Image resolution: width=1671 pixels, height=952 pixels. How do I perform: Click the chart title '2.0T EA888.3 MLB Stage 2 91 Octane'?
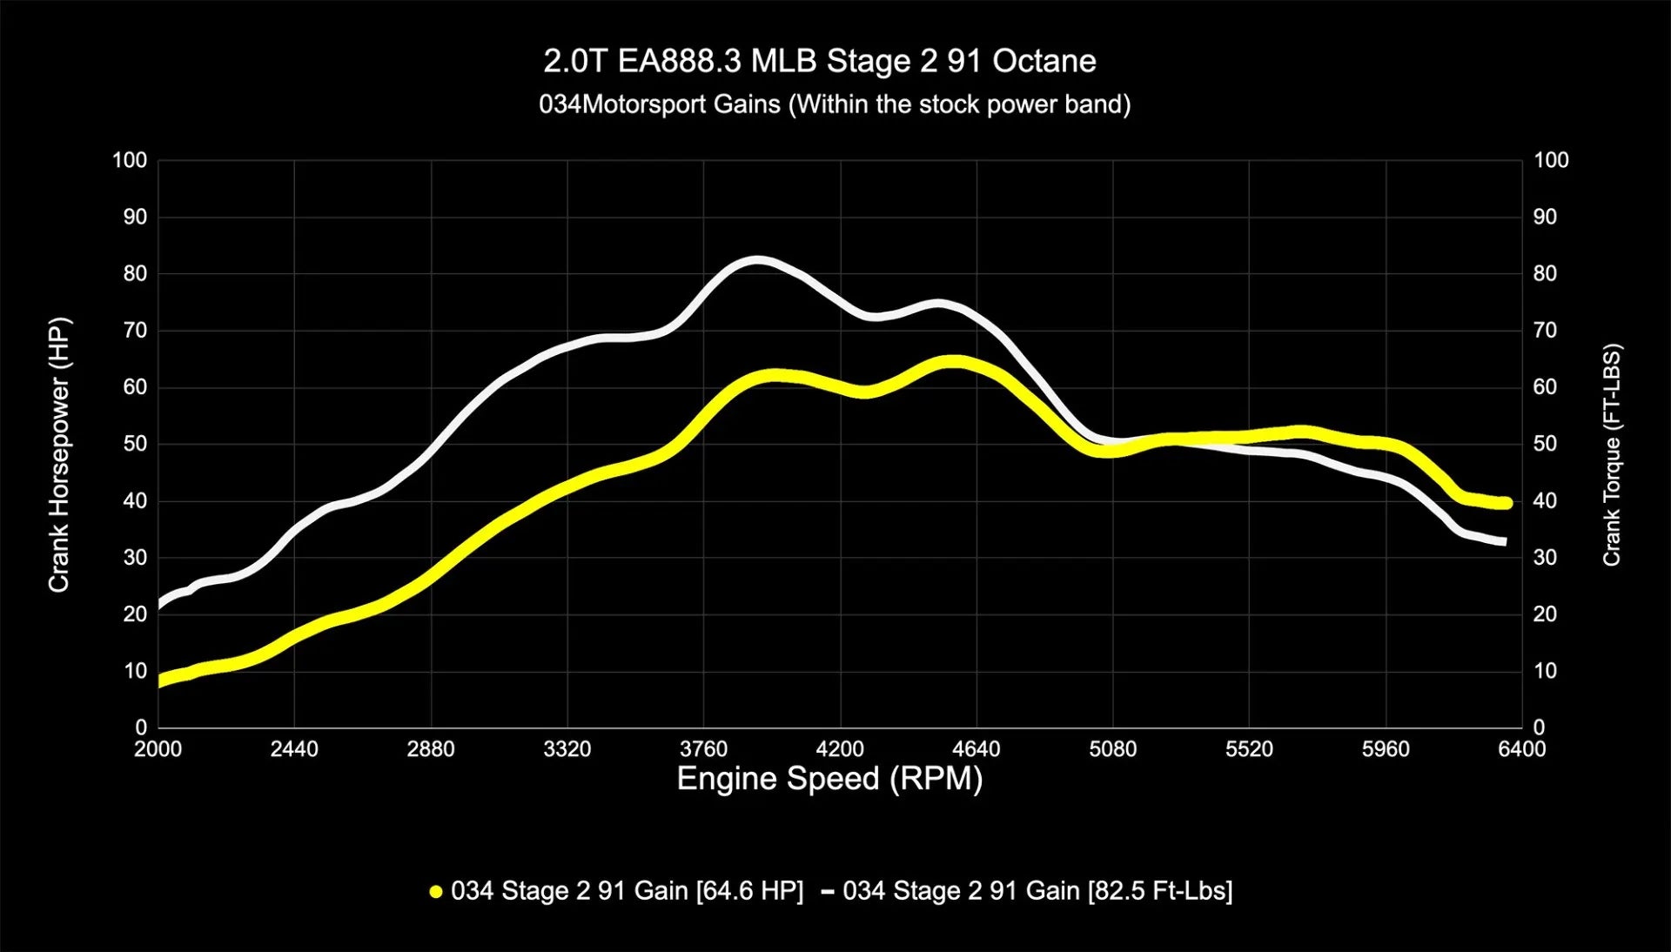(819, 61)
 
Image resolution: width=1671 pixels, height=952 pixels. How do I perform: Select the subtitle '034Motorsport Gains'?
(660, 104)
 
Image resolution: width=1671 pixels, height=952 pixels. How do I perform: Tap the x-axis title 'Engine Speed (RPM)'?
(829, 778)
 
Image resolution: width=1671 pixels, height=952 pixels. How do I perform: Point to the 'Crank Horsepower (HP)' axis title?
(58, 454)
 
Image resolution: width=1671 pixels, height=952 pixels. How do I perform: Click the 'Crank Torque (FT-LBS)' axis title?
(1612, 454)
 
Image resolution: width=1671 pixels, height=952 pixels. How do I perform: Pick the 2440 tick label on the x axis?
(294, 749)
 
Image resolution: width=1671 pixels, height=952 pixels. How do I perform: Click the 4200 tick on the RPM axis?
(840, 749)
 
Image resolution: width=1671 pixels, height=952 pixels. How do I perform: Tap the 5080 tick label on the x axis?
(1113, 749)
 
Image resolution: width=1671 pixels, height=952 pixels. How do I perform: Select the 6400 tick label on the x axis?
(1521, 749)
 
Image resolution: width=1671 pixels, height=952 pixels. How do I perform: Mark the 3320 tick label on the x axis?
(567, 749)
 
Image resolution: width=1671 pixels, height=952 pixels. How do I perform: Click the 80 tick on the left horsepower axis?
(135, 273)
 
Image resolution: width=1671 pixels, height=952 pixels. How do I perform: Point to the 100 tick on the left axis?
(130, 160)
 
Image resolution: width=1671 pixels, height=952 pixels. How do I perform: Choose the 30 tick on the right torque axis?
(1545, 557)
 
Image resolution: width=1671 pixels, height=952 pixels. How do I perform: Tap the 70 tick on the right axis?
(1545, 331)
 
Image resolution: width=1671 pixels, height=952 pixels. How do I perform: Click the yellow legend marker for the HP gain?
(436, 891)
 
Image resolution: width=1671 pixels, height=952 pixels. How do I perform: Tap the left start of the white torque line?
(160, 605)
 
